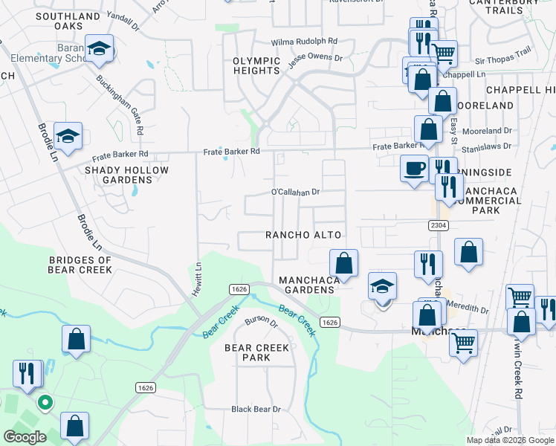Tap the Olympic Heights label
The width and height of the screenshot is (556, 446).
pos(256,65)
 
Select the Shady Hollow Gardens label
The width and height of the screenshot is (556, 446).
pos(126,175)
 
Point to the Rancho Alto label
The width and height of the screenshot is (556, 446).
pos(304,235)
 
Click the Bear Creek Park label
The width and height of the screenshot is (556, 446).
pos(256,352)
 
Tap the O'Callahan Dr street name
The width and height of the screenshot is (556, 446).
pos(295,192)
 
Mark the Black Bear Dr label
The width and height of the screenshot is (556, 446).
pos(256,409)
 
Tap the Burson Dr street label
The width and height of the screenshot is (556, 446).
pos(261,323)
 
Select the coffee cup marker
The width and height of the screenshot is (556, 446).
pos(413,167)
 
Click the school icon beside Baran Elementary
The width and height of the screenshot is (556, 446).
pos(99,48)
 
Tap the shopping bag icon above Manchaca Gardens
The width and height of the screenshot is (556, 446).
pos(343,262)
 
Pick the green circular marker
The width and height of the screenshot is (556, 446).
pos(45,403)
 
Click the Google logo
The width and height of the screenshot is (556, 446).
pos(25,436)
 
